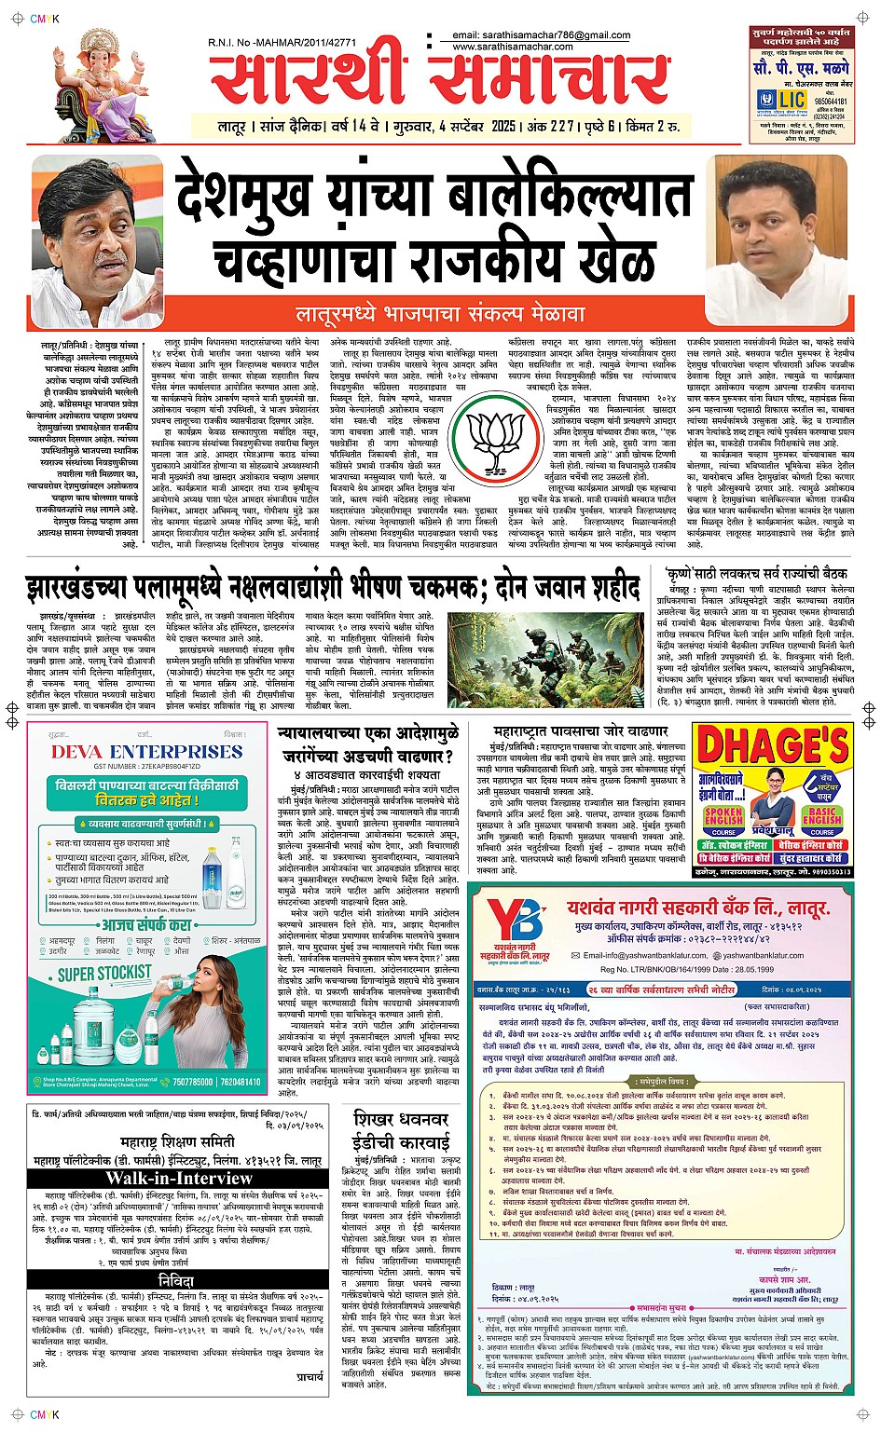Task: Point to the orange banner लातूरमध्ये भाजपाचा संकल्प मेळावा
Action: click(440, 315)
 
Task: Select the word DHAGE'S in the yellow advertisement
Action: click(773, 748)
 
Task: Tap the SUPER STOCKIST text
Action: click(104, 974)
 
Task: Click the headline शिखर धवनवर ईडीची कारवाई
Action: click(401, 1130)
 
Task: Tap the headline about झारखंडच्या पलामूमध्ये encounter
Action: click(333, 589)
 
